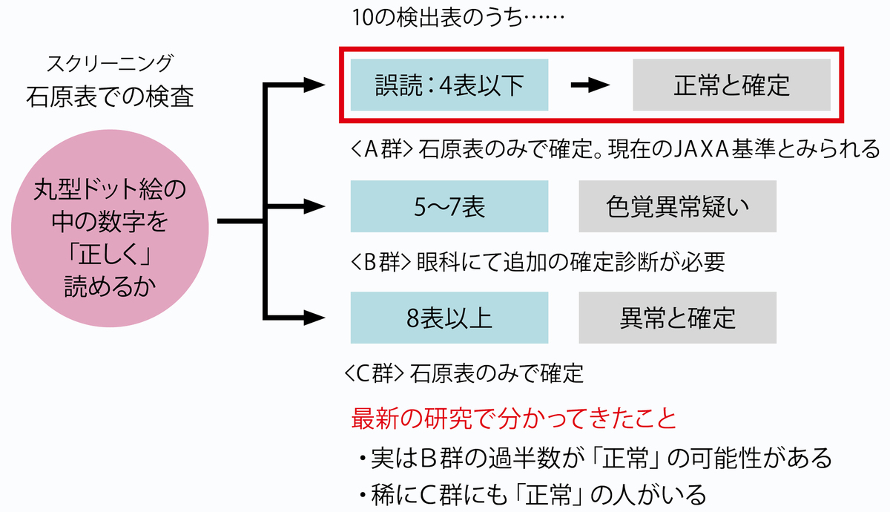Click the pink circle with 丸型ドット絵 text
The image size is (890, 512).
(110, 229)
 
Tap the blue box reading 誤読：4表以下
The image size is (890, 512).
(449, 85)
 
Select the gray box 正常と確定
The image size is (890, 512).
(731, 85)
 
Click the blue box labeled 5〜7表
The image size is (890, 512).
(449, 206)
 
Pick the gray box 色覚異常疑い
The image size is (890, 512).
(677, 206)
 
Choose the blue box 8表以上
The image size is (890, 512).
(449, 318)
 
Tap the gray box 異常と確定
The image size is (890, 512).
(677, 318)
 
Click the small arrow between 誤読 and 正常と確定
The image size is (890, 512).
(590, 85)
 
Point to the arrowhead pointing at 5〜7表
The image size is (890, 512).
(314, 206)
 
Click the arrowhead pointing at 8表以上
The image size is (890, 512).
(314, 318)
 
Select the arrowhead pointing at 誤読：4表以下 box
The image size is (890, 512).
(314, 85)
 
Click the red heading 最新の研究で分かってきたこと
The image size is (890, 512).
(514, 419)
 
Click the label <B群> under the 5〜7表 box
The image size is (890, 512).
(380, 262)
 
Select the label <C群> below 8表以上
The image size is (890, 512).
(375, 373)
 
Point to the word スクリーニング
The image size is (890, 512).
(110, 64)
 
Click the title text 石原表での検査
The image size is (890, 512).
(110, 96)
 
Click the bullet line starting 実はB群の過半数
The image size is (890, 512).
(596, 459)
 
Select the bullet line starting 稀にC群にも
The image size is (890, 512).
(533, 495)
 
